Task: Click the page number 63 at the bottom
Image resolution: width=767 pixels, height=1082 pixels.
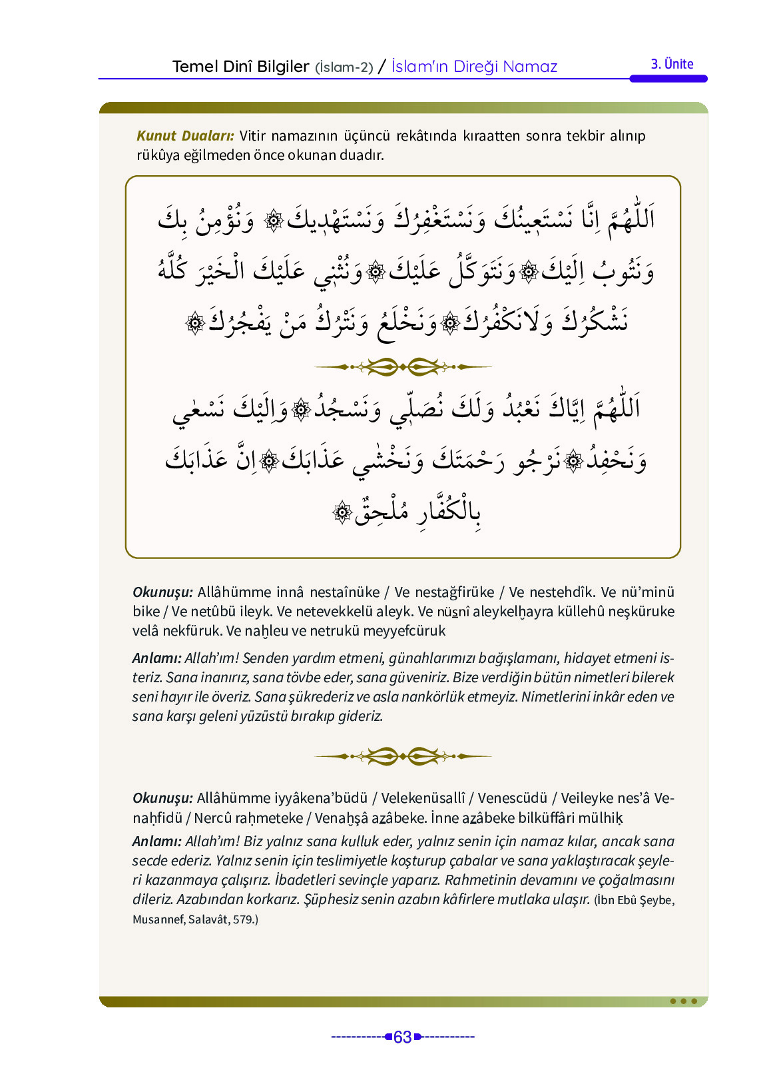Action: pos(402,1037)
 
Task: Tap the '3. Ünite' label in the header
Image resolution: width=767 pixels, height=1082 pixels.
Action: pos(672,65)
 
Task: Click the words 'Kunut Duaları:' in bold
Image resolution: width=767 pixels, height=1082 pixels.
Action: pos(185,136)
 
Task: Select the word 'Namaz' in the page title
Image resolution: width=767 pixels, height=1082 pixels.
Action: pos(530,67)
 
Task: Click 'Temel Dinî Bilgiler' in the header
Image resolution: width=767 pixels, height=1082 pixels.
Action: pos(240,67)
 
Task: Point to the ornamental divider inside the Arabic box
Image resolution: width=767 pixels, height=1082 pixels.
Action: pos(403,366)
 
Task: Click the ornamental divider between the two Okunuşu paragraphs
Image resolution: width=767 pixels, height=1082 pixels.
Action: pos(403,756)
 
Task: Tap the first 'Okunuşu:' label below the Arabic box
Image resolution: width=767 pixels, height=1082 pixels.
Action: pos(162,592)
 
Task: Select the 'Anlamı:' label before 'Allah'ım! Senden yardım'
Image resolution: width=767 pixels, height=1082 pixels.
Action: pos(156,658)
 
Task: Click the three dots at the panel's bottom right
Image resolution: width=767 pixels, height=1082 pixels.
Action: pos(683,1001)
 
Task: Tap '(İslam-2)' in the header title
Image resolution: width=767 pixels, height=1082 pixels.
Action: pos(344,67)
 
